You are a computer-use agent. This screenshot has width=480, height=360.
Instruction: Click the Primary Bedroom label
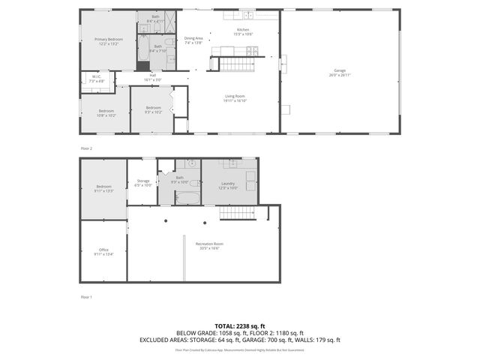109,39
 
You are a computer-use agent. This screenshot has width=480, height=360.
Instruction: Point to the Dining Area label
194,38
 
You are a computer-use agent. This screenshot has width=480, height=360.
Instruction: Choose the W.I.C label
97,76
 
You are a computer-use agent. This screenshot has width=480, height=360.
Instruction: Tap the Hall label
152,75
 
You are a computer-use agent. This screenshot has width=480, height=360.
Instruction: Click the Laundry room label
228,184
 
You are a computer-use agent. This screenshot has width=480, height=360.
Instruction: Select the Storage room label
142,181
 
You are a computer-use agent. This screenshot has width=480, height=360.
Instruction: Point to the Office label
103,250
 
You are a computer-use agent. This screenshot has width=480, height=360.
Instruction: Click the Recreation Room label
209,244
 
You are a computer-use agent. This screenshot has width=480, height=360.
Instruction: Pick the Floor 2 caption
86,148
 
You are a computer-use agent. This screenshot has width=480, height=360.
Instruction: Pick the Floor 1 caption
86,297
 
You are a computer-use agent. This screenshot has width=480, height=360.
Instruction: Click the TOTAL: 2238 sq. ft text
240,325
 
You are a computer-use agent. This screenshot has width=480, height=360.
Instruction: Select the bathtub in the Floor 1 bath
187,198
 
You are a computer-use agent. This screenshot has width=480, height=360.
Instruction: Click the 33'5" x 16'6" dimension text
209,248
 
